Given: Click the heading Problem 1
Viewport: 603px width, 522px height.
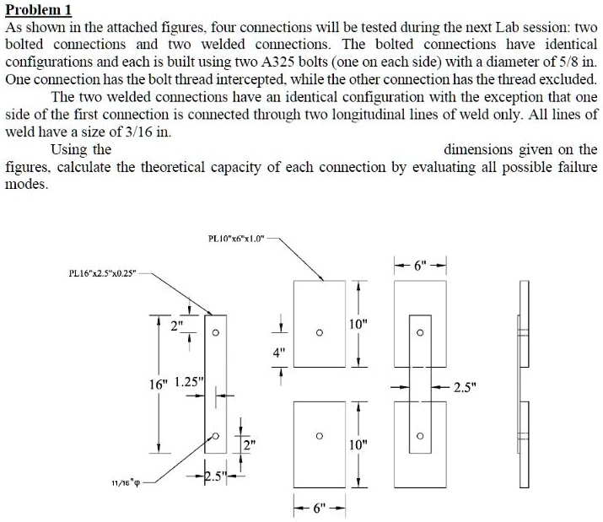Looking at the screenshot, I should click(x=39, y=10).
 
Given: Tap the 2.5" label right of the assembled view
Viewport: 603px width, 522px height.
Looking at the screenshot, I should click(x=465, y=389).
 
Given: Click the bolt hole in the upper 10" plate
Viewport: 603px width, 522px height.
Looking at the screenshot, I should click(x=319, y=331).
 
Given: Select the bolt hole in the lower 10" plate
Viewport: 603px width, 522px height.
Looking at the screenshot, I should click(x=319, y=436).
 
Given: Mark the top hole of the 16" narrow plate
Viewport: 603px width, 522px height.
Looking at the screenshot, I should click(x=217, y=331).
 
